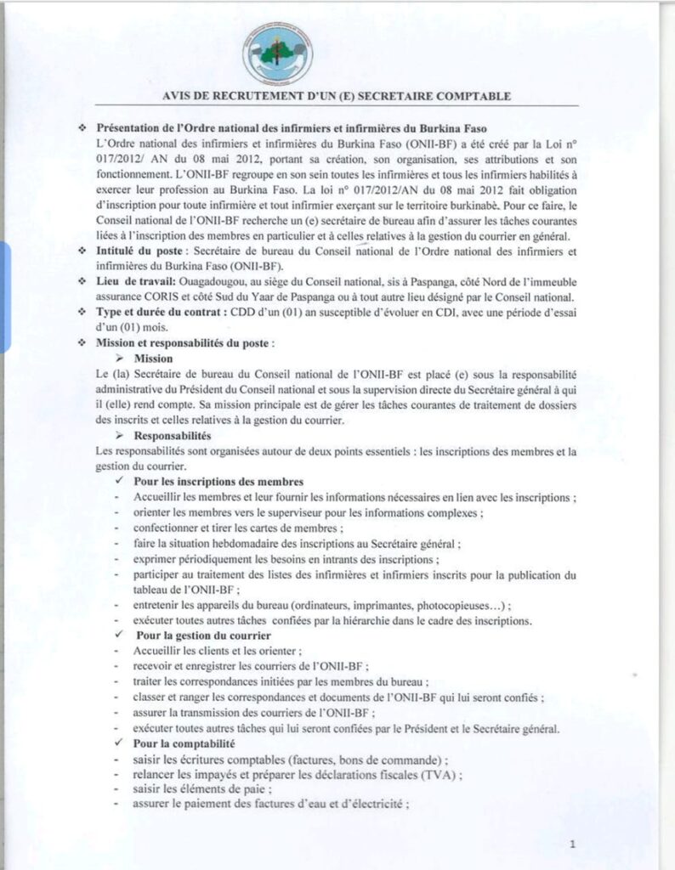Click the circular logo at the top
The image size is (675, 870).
(x=278, y=52)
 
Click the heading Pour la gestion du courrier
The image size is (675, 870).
(x=203, y=636)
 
